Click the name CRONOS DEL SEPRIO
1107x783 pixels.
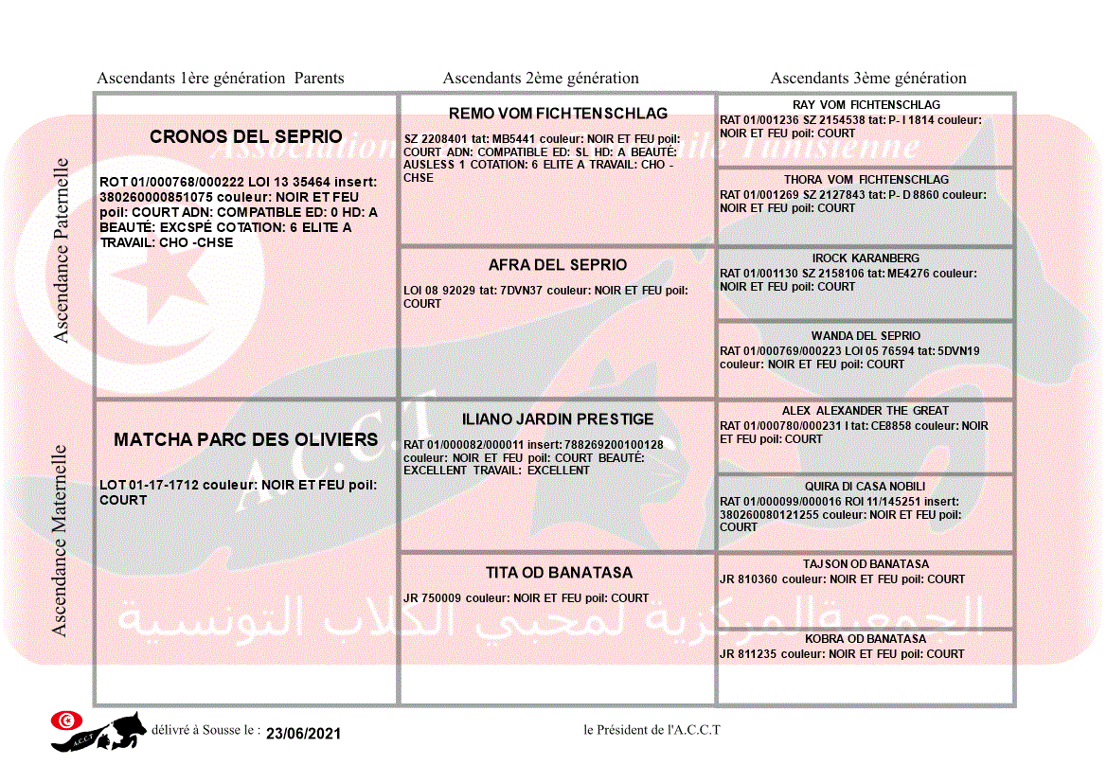tap(246, 137)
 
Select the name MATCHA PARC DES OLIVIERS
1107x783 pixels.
tap(246, 439)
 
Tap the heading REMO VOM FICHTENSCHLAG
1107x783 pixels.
tap(558, 114)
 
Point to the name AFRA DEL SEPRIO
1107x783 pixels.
tap(558, 265)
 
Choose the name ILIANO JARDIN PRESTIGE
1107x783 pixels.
tap(558, 419)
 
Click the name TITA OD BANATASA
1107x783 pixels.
tap(559, 573)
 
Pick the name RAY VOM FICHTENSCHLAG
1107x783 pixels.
tap(866, 105)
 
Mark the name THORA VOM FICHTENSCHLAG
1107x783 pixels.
tap(866, 180)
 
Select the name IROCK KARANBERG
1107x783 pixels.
tap(866, 258)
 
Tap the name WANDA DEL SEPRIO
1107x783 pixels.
tap(866, 336)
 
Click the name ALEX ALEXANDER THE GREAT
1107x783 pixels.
tap(866, 411)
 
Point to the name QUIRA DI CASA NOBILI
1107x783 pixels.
tap(866, 487)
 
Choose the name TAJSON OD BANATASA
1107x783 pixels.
tap(866, 564)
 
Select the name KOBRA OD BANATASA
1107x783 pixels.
tap(866, 639)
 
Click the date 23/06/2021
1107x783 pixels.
tap(303, 734)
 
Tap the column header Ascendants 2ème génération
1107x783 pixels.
tap(541, 79)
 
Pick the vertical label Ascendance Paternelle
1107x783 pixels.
tap(62, 250)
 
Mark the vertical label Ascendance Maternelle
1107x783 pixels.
tap(60, 541)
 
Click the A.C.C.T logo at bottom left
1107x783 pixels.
tap(99, 731)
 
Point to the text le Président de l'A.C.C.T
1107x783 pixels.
tap(652, 730)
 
